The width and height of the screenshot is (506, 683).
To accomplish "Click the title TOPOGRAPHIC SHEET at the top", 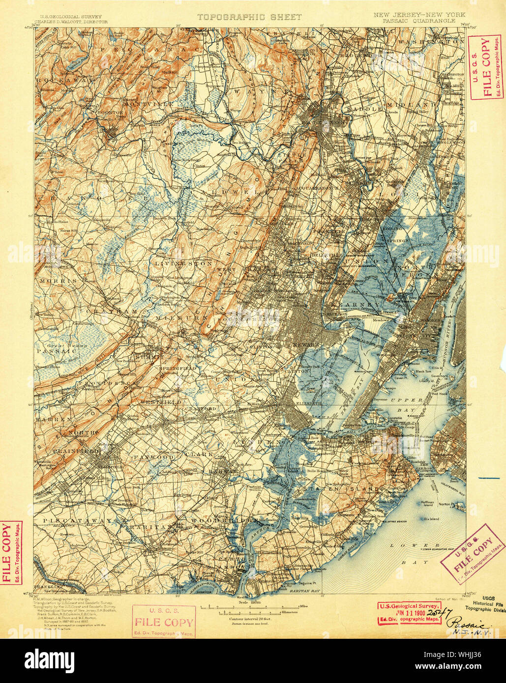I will click(249, 17).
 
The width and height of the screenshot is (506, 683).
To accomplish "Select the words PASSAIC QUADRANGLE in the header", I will click(415, 21).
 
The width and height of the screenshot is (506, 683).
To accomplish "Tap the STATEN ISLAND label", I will click(341, 489).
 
